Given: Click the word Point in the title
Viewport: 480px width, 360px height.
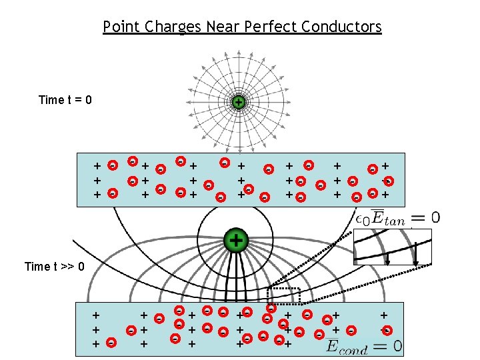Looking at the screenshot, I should pyautogui.click(x=118, y=27).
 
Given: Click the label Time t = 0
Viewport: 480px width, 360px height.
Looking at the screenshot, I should pyautogui.click(x=65, y=100).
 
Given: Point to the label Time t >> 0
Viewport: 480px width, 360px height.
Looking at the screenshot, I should pyautogui.click(x=55, y=267).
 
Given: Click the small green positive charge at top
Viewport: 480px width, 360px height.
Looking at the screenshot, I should pyautogui.click(x=238, y=102).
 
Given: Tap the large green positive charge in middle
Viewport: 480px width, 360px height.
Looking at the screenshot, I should pyautogui.click(x=235, y=240).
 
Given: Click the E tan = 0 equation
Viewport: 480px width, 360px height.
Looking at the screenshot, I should pyautogui.click(x=397, y=218).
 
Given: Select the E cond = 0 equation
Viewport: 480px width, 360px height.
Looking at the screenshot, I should pyautogui.click(x=364, y=346).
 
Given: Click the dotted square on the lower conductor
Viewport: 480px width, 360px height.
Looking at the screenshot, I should pyautogui.click(x=284, y=295).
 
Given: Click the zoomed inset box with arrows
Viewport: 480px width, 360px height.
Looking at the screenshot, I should pyautogui.click(x=392, y=247).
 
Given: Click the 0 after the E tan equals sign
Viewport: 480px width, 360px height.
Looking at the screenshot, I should pyautogui.click(x=435, y=217).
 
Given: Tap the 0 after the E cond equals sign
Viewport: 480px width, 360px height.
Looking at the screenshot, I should pyautogui.click(x=397, y=346).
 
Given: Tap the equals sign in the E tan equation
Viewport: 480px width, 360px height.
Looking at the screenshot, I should pyautogui.click(x=417, y=218).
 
